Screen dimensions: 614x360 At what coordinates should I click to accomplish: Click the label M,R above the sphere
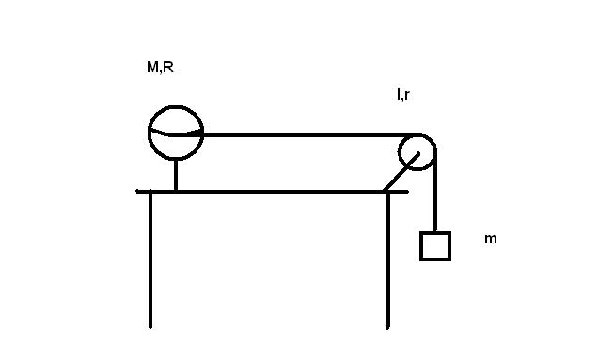coord(160,68)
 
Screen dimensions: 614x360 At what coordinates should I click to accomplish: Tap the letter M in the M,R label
coord(151,67)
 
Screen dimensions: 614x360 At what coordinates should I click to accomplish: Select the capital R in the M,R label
coord(168,67)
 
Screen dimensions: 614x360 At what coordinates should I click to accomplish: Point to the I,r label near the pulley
coord(403,95)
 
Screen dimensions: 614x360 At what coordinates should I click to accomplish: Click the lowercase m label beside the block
coord(491,239)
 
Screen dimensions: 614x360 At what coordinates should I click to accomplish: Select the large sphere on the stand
coord(176,106)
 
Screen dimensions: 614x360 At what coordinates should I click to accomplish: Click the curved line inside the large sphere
coord(172,134)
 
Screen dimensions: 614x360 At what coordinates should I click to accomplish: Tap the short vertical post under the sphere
coord(176,176)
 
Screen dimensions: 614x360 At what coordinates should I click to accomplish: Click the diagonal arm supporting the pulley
coord(401,172)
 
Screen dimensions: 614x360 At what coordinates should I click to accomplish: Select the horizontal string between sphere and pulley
coord(309,135)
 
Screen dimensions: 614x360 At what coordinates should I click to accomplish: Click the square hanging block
coord(435,232)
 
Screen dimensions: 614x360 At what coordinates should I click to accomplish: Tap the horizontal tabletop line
coord(273,192)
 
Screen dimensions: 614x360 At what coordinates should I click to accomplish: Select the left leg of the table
coord(150,259)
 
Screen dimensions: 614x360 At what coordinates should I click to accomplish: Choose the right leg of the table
coord(387,260)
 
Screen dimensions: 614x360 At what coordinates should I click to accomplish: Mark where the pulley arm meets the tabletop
coord(385,192)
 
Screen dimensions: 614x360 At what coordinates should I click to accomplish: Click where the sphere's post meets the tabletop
coord(176,191)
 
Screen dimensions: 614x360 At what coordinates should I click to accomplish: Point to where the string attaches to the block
coord(435,231)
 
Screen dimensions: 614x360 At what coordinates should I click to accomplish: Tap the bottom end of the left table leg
coord(150,328)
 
